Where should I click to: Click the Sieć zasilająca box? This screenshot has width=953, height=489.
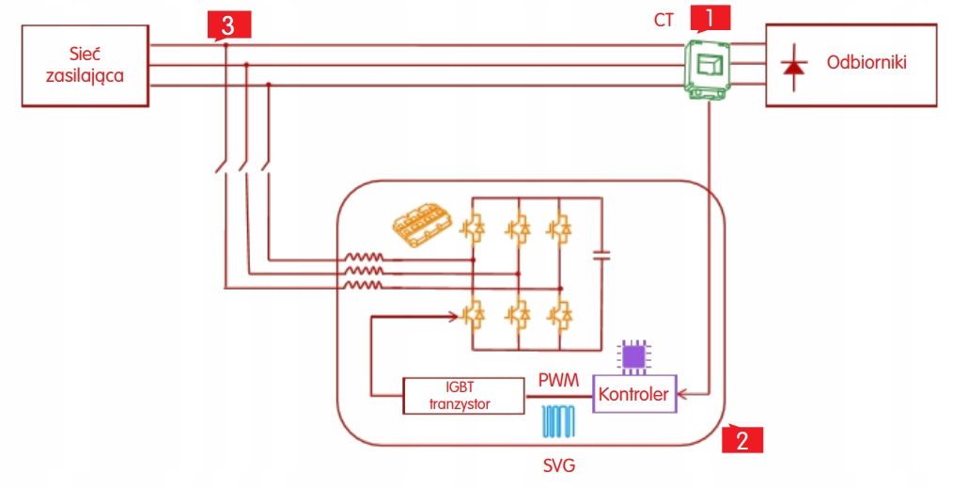(x=86, y=66)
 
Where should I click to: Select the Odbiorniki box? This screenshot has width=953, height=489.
(x=851, y=66)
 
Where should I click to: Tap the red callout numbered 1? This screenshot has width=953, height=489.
(x=710, y=17)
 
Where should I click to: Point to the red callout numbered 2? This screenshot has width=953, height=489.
(x=742, y=439)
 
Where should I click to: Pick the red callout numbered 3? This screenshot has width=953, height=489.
(x=227, y=24)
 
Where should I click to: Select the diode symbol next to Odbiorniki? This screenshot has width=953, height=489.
(x=794, y=67)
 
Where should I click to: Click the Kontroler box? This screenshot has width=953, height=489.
(x=633, y=393)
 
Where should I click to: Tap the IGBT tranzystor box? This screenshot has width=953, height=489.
(x=461, y=395)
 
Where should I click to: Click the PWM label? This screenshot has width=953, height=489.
(x=558, y=380)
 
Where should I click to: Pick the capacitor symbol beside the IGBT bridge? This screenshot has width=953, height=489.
(x=602, y=253)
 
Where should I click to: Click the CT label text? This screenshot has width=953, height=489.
(x=664, y=19)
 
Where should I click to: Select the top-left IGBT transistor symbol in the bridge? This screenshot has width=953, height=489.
(x=472, y=227)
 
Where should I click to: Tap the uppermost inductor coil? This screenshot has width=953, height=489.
(x=362, y=259)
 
